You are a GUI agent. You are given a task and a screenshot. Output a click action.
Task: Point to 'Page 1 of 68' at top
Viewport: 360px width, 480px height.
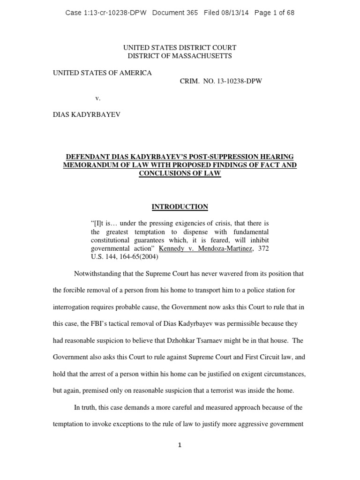pyautogui.click(x=274, y=13)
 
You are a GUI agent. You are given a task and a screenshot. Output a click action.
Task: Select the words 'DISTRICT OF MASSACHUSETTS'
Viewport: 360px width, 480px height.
pyautogui.click(x=180, y=56)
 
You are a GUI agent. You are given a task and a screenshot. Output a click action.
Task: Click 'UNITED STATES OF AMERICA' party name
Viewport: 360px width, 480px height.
pyautogui.click(x=102, y=73)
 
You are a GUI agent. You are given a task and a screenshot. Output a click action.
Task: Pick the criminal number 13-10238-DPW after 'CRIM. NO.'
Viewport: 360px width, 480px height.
pyautogui.click(x=239, y=81)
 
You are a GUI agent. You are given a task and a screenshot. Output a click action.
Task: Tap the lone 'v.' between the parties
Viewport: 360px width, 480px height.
pyautogui.click(x=98, y=98)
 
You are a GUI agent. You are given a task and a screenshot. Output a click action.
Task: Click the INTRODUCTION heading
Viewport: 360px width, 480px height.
pyautogui.click(x=180, y=207)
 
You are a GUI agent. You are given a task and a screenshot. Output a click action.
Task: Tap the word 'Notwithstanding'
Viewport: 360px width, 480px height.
pyautogui.click(x=97, y=274)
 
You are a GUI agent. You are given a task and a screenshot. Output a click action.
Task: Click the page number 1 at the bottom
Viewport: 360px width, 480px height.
pyautogui.click(x=180, y=445)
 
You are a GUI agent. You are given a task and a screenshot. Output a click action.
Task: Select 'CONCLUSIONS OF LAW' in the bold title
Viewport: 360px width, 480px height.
pyautogui.click(x=180, y=173)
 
